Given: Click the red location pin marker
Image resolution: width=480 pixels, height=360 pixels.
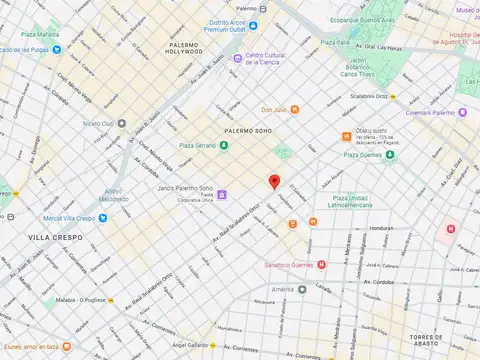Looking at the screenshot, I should [274, 181].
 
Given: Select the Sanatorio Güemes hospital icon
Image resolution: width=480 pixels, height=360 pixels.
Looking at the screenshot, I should [321, 265].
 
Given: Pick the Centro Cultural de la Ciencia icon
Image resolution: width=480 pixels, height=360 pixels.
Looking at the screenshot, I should [238, 58].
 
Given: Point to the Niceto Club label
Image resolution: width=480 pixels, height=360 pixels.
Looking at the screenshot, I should [98, 124].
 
